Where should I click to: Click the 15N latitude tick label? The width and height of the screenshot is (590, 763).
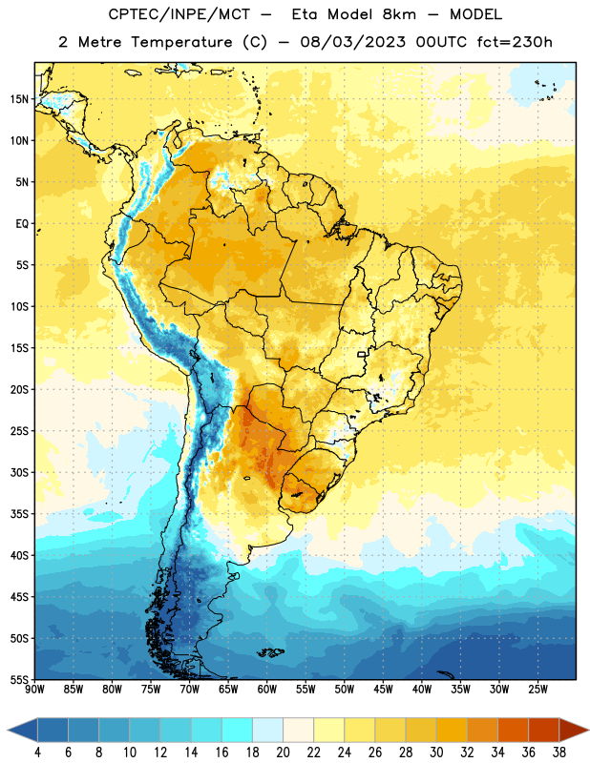[x=19, y=99]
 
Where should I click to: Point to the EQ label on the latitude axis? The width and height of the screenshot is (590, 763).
[x=22, y=224]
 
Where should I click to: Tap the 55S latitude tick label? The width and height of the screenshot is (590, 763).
[x=19, y=679]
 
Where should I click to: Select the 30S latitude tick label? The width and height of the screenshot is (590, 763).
[x=19, y=472]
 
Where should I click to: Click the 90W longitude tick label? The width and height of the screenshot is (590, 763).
[x=34, y=689]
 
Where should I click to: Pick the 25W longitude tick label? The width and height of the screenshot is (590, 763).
[x=537, y=689]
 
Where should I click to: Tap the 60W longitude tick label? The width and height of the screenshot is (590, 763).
[x=267, y=689]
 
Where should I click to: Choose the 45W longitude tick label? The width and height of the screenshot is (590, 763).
[x=383, y=689]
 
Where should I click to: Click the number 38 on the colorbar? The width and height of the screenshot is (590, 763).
[x=559, y=753]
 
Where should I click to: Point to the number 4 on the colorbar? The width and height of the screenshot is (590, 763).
[x=37, y=753]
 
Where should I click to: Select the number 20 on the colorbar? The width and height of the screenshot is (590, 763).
[x=283, y=753]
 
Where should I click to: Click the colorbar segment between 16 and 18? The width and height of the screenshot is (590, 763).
[x=238, y=731]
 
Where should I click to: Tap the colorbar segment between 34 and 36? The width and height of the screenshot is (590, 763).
[x=514, y=731]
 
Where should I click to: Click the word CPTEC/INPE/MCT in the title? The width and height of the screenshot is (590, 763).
[x=179, y=14]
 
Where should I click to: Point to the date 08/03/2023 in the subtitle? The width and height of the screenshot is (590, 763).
[x=352, y=42]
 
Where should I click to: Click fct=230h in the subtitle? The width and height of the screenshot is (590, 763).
[x=515, y=42]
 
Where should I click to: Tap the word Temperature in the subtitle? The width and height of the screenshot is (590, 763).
[x=181, y=42]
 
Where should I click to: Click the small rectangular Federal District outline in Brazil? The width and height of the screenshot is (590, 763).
[x=362, y=354]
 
